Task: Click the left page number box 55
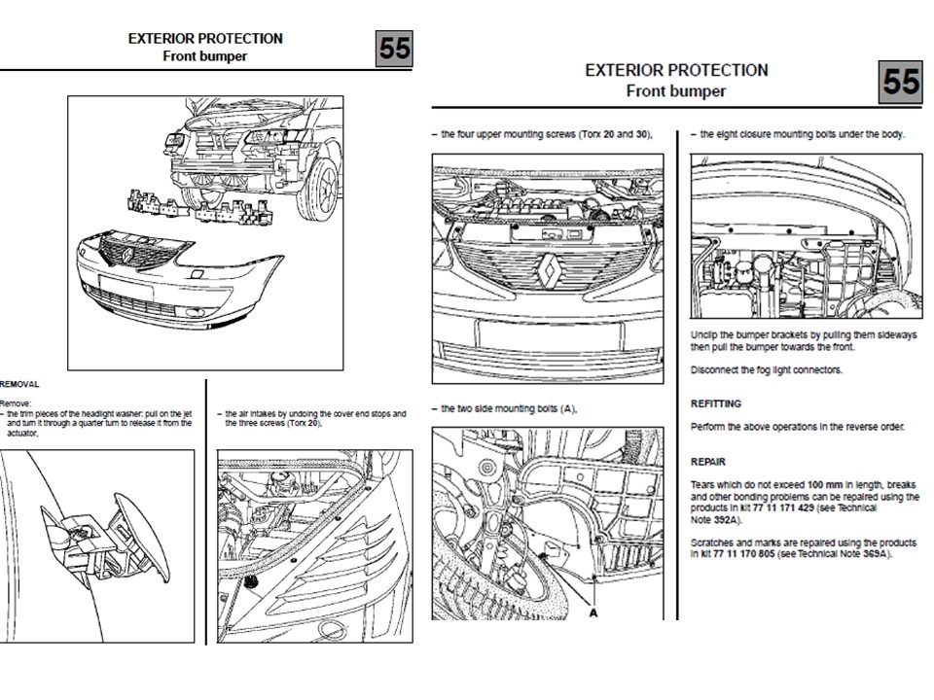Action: tap(394, 49)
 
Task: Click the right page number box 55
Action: tap(901, 82)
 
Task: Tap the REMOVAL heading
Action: tap(19, 384)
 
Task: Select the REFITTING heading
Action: tap(716, 403)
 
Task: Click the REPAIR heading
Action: tap(708, 462)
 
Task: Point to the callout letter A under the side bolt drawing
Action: tap(591, 612)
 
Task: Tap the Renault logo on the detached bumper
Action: tap(127, 256)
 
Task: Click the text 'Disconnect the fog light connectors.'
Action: tap(767, 370)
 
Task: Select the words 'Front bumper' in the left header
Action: tap(205, 55)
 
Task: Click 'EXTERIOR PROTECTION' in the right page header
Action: tap(676, 70)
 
